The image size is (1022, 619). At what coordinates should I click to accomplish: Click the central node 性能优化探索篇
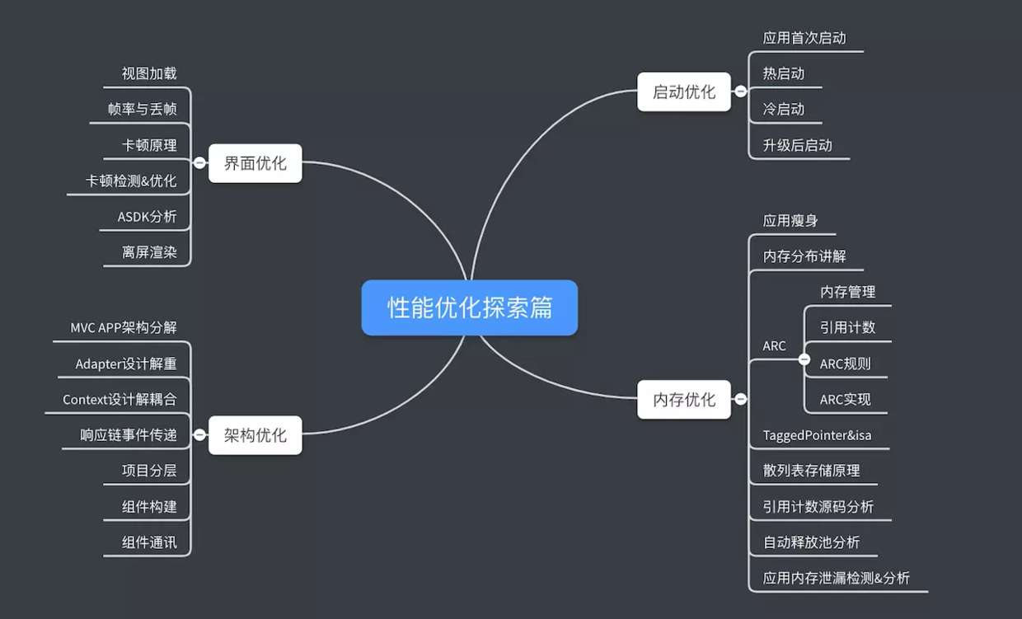pyautogui.click(x=469, y=307)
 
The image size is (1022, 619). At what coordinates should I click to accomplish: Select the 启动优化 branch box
pyautogui.click(x=684, y=91)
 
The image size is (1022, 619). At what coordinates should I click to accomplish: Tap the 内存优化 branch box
pyautogui.click(x=684, y=400)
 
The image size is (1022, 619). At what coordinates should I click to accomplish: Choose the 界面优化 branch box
pyautogui.click(x=255, y=163)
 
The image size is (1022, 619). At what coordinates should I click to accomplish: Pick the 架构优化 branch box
pyautogui.click(x=255, y=435)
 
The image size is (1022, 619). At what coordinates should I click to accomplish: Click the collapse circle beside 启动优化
pyautogui.click(x=741, y=91)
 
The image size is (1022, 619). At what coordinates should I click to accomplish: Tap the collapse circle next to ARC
pyautogui.click(x=804, y=359)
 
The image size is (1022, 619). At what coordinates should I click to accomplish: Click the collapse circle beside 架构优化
pyautogui.click(x=199, y=434)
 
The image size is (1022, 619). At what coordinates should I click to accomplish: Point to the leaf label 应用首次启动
pyautogui.click(x=804, y=38)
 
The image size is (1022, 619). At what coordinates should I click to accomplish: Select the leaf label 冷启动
pyautogui.click(x=783, y=110)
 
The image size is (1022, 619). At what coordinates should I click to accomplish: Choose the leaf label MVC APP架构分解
pyautogui.click(x=124, y=327)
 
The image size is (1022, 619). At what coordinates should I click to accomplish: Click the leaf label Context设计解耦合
pyautogui.click(x=120, y=400)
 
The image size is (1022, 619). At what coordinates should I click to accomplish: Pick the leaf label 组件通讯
pyautogui.click(x=149, y=542)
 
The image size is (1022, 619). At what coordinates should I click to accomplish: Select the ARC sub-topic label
pyautogui.click(x=774, y=346)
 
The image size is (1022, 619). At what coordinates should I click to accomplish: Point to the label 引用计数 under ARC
pyautogui.click(x=847, y=327)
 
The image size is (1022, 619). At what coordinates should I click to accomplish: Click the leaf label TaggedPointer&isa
pyautogui.click(x=817, y=435)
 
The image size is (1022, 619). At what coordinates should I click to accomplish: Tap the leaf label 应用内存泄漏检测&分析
pyautogui.click(x=837, y=579)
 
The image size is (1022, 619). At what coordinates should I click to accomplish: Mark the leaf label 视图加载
pyautogui.click(x=149, y=73)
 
